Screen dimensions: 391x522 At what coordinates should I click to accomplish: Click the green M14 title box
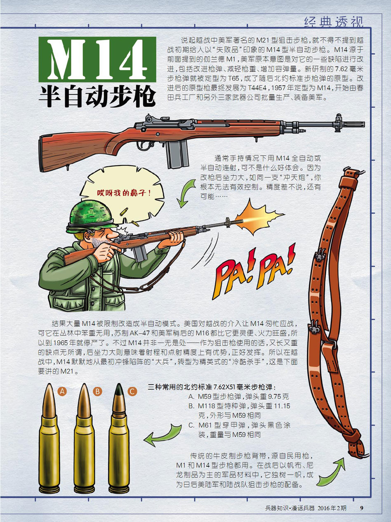click(x=97, y=59)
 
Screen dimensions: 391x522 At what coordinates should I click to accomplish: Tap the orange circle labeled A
click(x=62, y=391)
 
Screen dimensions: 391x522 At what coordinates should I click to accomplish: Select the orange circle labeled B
click(x=97, y=391)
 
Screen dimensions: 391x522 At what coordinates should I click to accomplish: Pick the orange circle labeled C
click(x=132, y=391)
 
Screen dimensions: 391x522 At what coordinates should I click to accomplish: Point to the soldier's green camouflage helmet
click(x=92, y=218)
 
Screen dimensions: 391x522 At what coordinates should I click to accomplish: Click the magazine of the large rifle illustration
click(x=178, y=154)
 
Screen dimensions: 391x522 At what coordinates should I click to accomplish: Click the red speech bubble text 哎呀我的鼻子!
click(x=124, y=193)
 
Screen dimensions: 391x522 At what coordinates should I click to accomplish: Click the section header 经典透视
click(x=334, y=22)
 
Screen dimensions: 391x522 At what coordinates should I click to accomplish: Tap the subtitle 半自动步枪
click(x=97, y=97)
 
